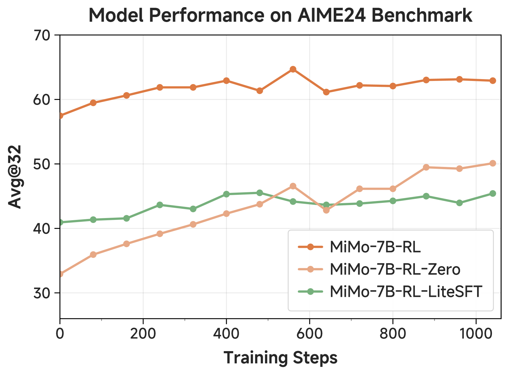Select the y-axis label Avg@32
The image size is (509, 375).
click(x=15, y=177)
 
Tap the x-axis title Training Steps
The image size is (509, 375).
click(x=280, y=358)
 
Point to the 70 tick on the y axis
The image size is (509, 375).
click(x=43, y=35)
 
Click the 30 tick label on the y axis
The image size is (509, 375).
click(x=43, y=293)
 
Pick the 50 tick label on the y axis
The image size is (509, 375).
click(x=43, y=164)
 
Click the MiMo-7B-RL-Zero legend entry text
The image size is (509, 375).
click(x=395, y=269)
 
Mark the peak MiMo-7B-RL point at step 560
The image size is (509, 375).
click(x=293, y=69)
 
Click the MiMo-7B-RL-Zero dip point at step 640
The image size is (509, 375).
click(x=326, y=210)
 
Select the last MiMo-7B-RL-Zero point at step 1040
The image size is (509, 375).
click(x=493, y=163)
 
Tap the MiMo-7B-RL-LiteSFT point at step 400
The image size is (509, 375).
click(x=226, y=194)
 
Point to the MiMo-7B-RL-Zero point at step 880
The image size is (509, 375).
click(x=426, y=167)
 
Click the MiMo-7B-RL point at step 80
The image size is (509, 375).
click(x=93, y=103)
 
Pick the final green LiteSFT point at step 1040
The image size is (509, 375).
click(x=493, y=194)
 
